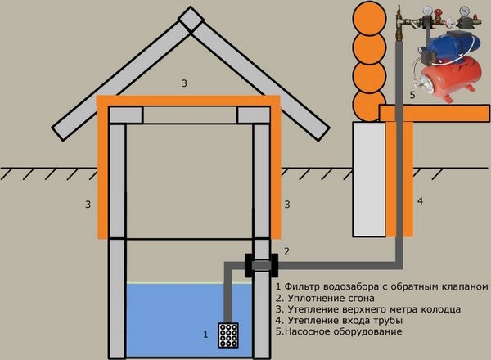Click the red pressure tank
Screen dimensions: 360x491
click(451, 82)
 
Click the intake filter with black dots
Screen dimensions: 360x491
click(228, 335)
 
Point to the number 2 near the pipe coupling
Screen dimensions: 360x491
click(286, 250)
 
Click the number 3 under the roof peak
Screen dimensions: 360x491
click(186, 83)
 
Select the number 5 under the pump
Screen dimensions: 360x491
click(412, 95)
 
